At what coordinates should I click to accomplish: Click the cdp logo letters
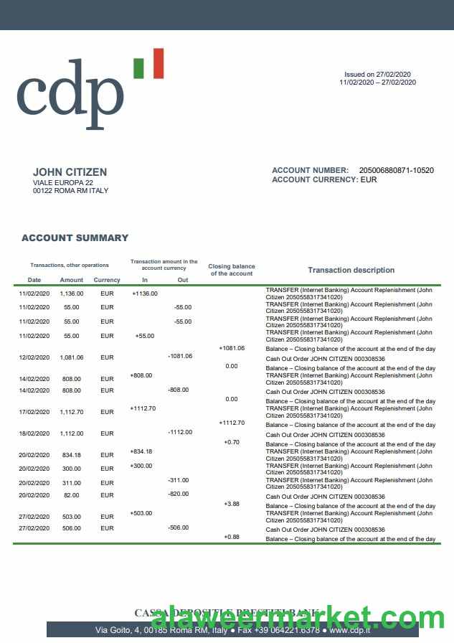(70, 97)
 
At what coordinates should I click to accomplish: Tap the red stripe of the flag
(158, 63)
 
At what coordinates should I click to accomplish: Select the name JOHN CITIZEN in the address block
(70, 172)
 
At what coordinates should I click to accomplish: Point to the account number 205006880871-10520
(396, 171)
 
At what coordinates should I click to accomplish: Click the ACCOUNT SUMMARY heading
(75, 238)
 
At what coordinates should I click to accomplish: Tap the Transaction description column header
(351, 271)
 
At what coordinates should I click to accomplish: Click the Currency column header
(107, 280)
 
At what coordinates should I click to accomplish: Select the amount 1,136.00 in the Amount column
(72, 294)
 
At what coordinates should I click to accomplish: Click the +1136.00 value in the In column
(145, 294)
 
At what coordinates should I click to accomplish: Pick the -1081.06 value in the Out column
(179, 356)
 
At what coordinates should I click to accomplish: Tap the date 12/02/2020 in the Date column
(34, 357)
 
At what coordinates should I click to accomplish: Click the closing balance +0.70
(232, 442)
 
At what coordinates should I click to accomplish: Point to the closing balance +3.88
(232, 504)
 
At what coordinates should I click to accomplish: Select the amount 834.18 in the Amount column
(72, 455)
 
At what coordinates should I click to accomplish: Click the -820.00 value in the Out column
(179, 494)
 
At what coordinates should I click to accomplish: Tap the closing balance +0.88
(232, 537)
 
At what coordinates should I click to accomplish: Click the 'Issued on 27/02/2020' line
(377, 75)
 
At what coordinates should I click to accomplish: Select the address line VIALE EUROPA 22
(63, 183)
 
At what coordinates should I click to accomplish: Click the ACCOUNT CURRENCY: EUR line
(324, 180)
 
